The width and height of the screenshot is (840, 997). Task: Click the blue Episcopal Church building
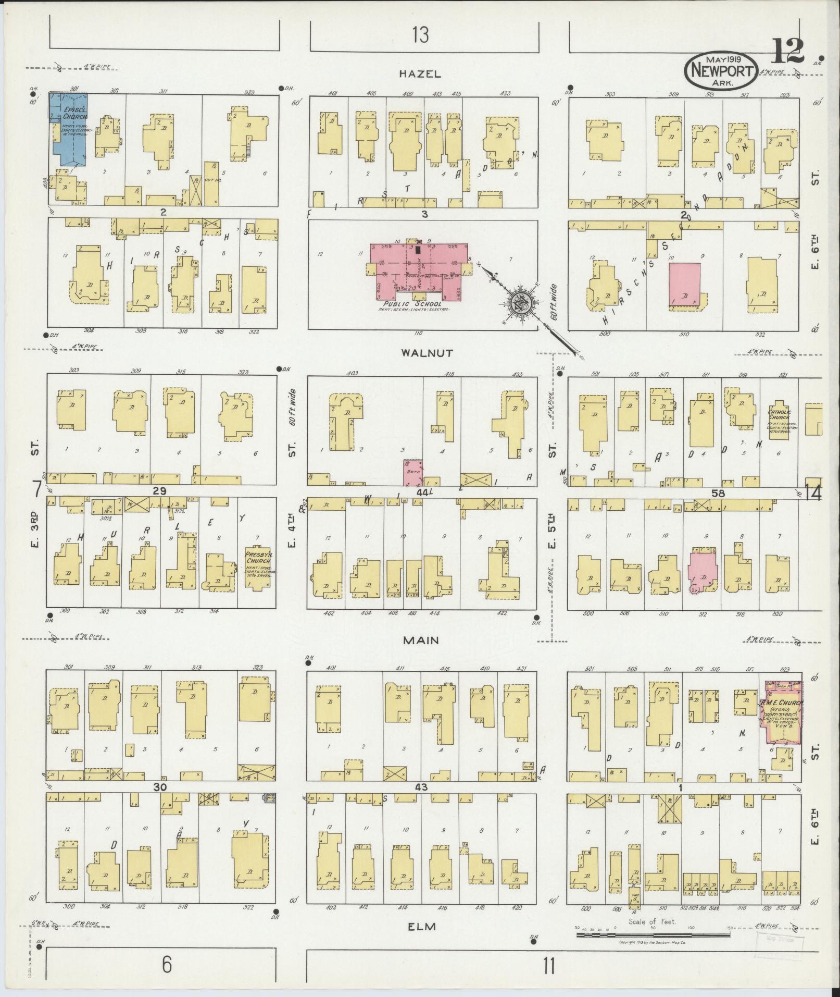coord(68,129)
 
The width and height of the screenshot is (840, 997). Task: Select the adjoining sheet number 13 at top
coord(420,35)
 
